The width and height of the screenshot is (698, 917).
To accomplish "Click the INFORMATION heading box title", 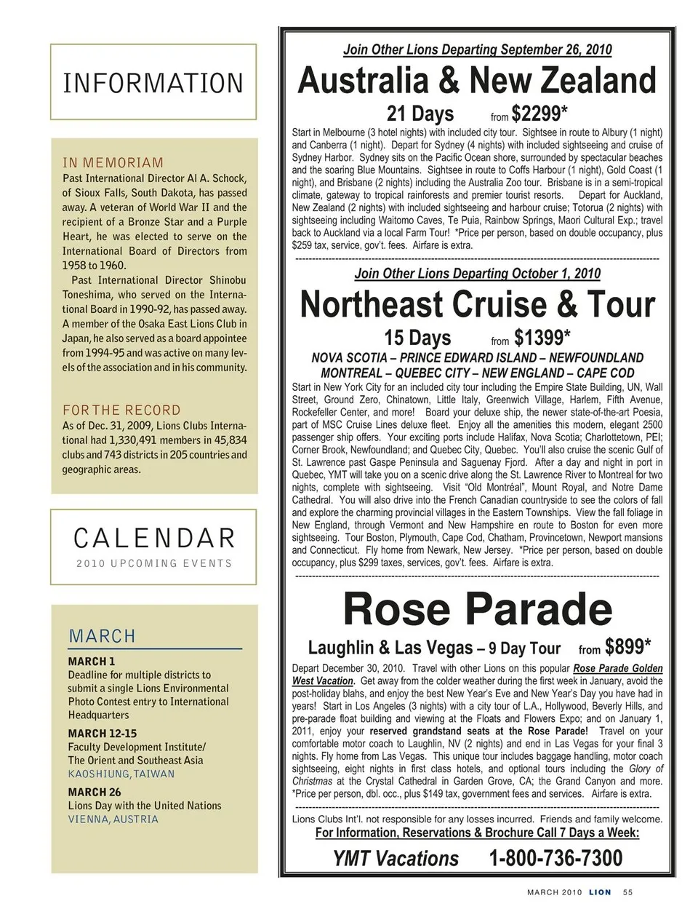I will coord(153,83).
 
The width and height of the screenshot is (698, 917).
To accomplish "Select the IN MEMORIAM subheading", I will coord(113,162).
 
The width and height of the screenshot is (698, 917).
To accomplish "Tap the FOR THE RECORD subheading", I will coord(121,410).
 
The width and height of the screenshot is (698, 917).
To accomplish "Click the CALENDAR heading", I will coord(154,539).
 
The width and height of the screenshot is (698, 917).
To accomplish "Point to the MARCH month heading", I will coord(103,636).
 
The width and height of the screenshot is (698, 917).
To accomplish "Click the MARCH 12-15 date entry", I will coord(102,734).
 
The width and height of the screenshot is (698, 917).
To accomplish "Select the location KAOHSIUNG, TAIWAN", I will coord(121,774).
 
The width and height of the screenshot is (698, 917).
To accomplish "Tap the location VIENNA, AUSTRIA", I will coord(113,819).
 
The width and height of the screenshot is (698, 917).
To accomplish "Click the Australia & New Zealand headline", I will coord(477,81).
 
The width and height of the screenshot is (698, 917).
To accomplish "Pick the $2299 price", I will coord(539,114).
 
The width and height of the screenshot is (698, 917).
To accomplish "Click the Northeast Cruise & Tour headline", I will coord(477,304).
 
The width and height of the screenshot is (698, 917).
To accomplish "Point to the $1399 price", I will coord(542,338).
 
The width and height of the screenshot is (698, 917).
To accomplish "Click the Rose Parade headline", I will coord(477,609).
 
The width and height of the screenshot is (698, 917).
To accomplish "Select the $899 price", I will coord(627,646).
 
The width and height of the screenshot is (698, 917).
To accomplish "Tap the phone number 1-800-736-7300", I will coord(555,858).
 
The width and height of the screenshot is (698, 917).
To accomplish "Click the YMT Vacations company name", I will coord(396,859).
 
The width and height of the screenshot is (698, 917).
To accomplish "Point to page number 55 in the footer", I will coord(628,892).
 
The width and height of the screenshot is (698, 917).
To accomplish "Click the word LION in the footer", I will coord(600,892).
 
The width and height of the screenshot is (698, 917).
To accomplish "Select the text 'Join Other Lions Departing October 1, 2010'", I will coord(477,274).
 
